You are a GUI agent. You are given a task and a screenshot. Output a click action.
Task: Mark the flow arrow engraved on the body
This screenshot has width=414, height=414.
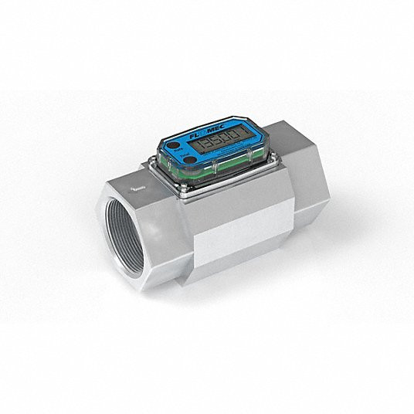pyautogui.click(x=137, y=185)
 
